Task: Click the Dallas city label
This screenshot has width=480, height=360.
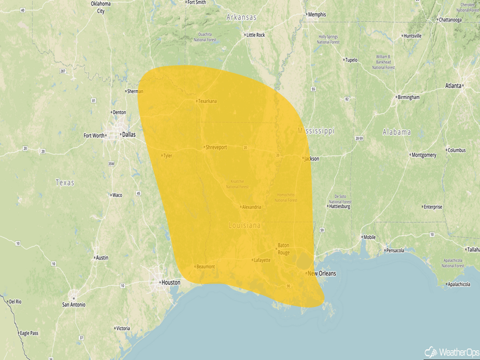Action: pyautogui.click(x=129, y=135)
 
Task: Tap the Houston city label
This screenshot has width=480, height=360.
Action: pyautogui.click(x=171, y=282)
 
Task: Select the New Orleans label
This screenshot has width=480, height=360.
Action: pyautogui.click(x=322, y=274)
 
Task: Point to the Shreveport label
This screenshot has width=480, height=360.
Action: pyautogui.click(x=216, y=148)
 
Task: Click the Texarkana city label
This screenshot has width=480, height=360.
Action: pyautogui.click(x=207, y=101)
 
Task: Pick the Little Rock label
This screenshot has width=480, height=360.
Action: pyautogui.click(x=255, y=35)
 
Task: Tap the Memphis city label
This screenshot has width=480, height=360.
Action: pyautogui.click(x=317, y=14)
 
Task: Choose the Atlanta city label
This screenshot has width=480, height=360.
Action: pyautogui.click(x=453, y=86)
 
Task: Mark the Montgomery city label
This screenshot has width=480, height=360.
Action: pyautogui.click(x=423, y=155)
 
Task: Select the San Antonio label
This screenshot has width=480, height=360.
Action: pyautogui.click(x=74, y=304)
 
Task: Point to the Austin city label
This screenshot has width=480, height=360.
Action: pyautogui.click(x=102, y=258)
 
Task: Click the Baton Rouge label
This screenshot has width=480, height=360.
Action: pyautogui.click(x=283, y=249)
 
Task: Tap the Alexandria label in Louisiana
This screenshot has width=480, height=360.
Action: pyautogui.click(x=251, y=207)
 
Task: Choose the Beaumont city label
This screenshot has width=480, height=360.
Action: pyautogui.click(x=205, y=267)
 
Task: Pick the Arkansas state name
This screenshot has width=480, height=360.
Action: pyautogui.click(x=242, y=17)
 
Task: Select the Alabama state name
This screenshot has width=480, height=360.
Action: pyautogui.click(x=397, y=132)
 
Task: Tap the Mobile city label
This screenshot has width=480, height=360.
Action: pyautogui.click(x=369, y=237)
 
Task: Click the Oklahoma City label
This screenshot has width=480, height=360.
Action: pyautogui.click(x=101, y=7)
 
